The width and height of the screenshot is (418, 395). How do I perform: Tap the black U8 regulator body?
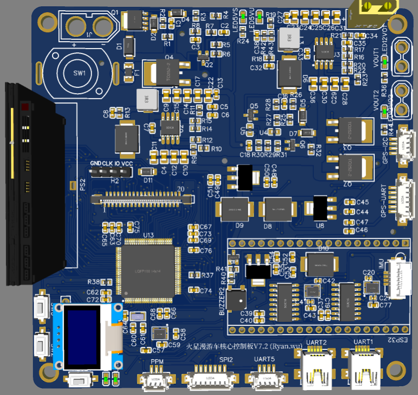pos(320,208)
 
